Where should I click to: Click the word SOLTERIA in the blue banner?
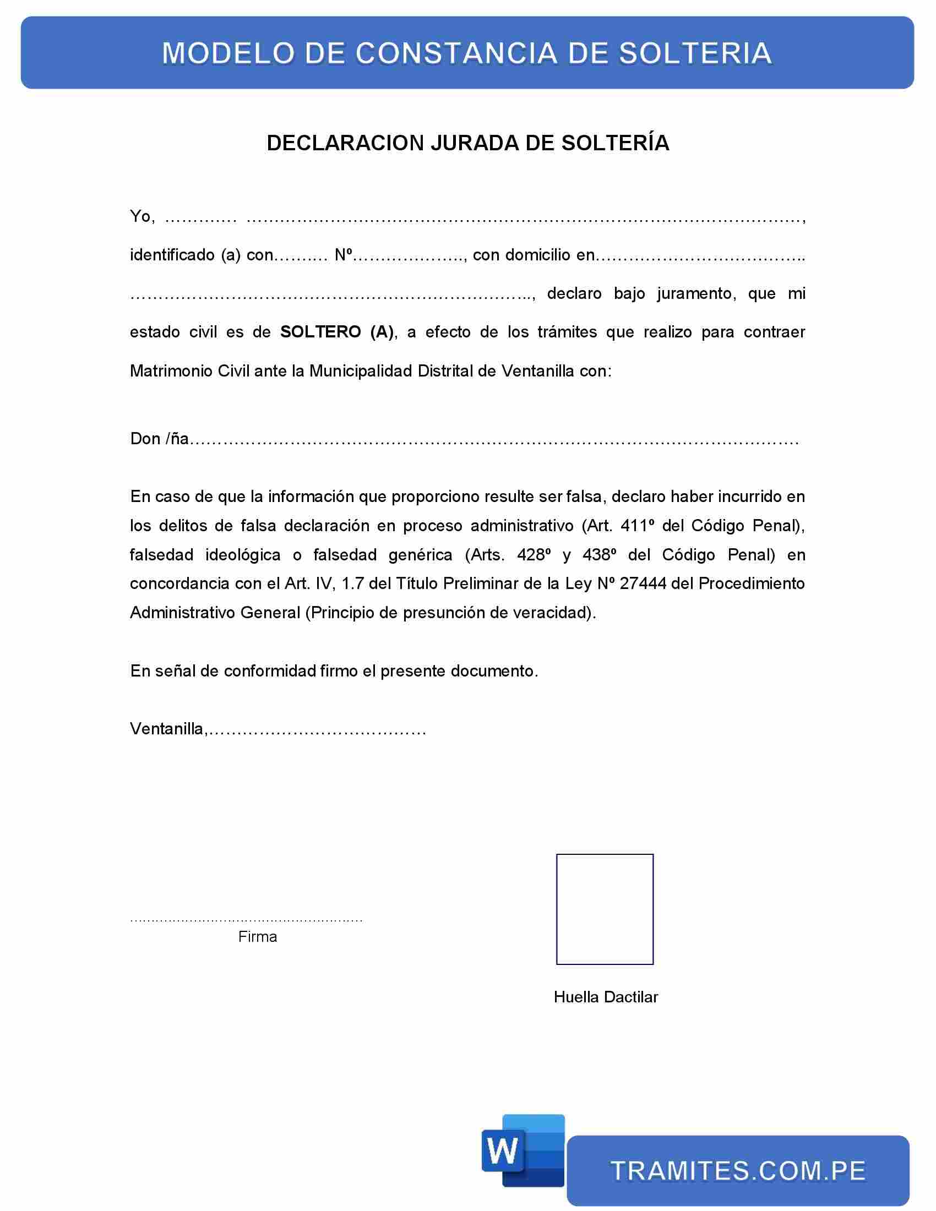[x=695, y=53]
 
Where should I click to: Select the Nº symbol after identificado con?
[x=344, y=255]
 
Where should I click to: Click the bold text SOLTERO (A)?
[x=337, y=332]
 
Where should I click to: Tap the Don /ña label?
[x=159, y=439]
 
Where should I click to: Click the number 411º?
[x=637, y=526]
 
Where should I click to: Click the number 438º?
[x=600, y=554]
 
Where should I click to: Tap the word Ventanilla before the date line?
[x=167, y=729]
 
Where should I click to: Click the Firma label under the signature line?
[x=257, y=936]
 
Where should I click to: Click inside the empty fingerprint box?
[x=605, y=909]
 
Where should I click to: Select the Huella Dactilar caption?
[x=606, y=997]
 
